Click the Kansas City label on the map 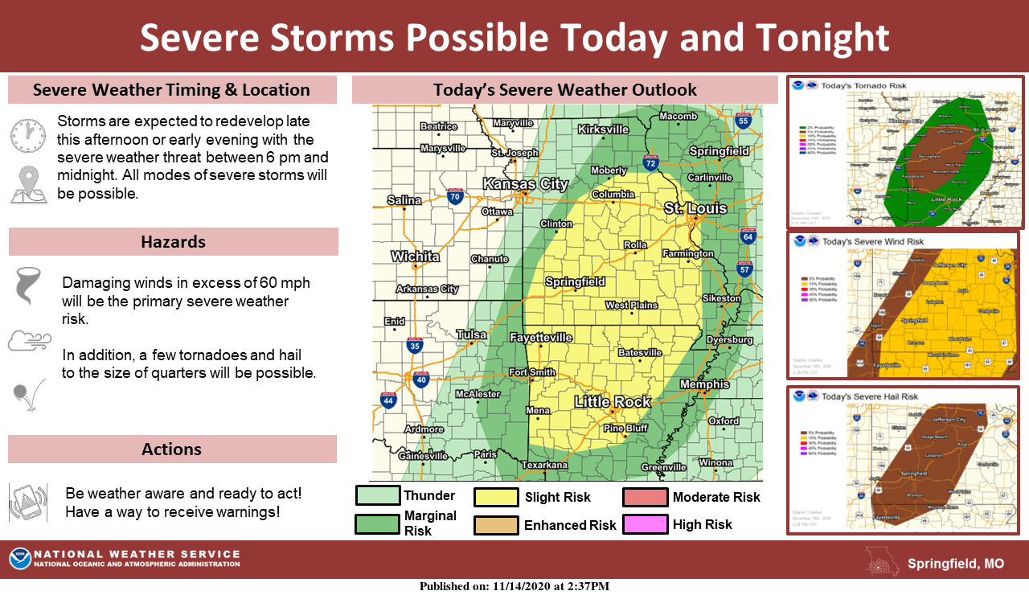coord(525,184)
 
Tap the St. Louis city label coord(695,208)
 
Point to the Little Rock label coord(612,401)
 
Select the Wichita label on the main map coord(415,256)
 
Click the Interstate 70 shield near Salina coord(455,195)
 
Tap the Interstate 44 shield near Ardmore coord(388,400)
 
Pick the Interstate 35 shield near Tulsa coord(414,346)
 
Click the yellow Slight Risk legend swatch coord(495,497)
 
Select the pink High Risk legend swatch coord(645,524)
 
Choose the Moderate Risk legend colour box coord(645,497)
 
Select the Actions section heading coord(172,449)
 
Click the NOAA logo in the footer coord(20,559)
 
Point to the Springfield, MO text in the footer coord(955,564)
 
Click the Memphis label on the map coord(704,384)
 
